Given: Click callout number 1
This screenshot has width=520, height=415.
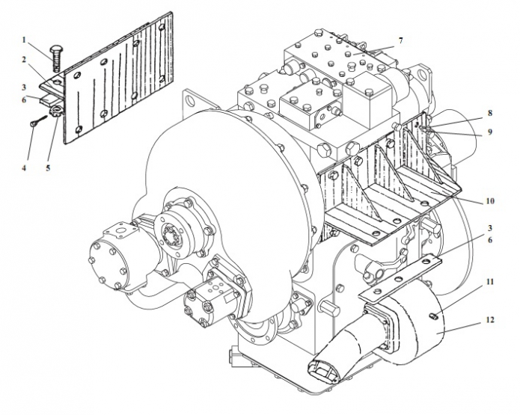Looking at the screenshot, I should pyautogui.click(x=24, y=39).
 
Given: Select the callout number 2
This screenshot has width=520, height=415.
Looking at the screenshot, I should pyautogui.click(x=24, y=59).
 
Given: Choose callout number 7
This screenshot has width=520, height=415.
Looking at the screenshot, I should pyautogui.click(x=400, y=40).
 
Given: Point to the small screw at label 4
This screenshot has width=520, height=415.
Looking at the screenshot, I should pyautogui.click(x=35, y=123).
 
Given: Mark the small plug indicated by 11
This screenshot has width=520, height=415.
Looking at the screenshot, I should pyautogui.click(x=435, y=320).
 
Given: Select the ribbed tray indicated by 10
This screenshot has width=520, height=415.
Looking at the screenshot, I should pyautogui.click(x=389, y=194).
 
